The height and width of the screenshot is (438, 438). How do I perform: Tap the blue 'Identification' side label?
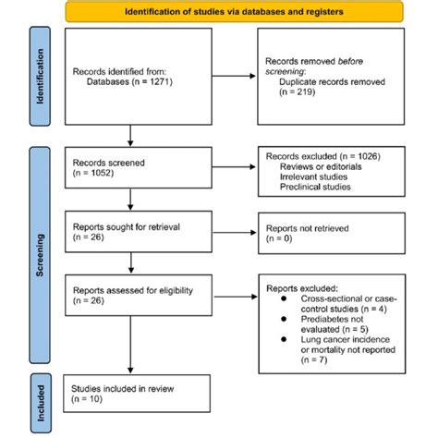tap(40, 80)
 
